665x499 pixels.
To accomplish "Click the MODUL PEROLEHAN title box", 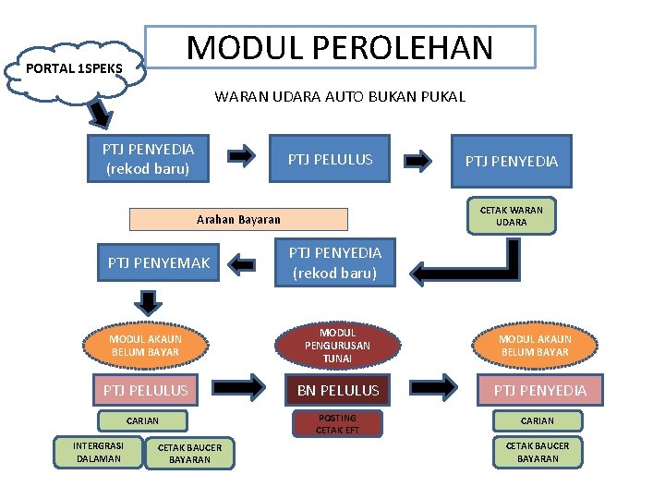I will point(341,47).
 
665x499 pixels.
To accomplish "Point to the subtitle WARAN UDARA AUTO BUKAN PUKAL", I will point(340,96).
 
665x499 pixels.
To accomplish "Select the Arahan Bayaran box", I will point(238,219).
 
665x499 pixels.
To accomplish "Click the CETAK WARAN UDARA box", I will point(511,216).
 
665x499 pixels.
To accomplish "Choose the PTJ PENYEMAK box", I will point(158,263).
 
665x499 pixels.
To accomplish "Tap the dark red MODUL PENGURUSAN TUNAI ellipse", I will point(337,346).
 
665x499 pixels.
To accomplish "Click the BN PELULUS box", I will point(338,391).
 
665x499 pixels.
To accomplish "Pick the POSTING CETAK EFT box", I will point(336,424).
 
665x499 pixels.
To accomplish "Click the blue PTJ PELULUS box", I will point(330,160).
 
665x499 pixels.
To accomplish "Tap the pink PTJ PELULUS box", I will point(145,391).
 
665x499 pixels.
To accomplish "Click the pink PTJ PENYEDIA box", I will point(539,391).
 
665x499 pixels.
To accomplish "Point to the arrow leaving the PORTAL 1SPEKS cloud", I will point(101,115).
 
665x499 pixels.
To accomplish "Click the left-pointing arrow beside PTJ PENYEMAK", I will point(242,265).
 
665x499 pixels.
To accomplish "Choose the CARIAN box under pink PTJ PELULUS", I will point(142,420).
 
